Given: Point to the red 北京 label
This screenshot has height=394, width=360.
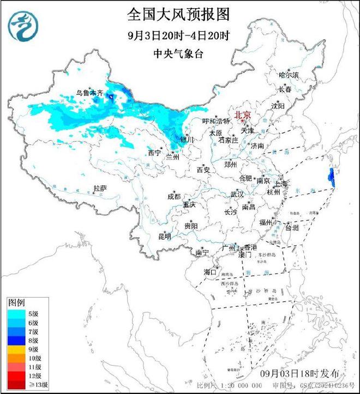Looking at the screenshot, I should (x=243, y=115).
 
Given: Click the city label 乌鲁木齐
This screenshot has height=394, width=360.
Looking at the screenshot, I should (x=89, y=93).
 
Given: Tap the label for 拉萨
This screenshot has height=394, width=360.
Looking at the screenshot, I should (x=100, y=188).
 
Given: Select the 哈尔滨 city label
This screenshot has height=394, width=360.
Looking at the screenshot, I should (x=289, y=75).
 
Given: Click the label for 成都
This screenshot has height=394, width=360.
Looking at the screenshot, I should (x=173, y=196).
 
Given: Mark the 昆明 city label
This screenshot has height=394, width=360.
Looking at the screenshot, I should (x=164, y=237).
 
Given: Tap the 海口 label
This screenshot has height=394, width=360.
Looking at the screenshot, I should (x=211, y=271).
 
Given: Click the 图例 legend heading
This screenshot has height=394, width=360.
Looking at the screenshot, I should (x=16, y=302).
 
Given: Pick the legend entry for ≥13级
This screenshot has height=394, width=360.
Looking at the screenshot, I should (x=27, y=385).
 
